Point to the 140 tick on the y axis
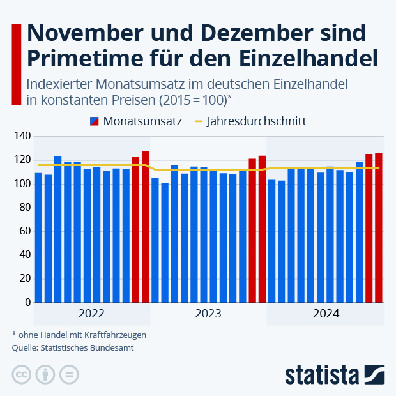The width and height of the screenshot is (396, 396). [x=22, y=136]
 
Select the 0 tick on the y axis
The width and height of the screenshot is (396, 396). [x=27, y=302]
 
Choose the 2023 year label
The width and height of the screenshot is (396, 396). [x=208, y=314]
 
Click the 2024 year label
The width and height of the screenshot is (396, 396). [x=326, y=314]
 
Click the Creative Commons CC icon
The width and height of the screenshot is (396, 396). [x=22, y=374]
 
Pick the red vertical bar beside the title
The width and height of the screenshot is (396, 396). [x=17, y=64]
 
